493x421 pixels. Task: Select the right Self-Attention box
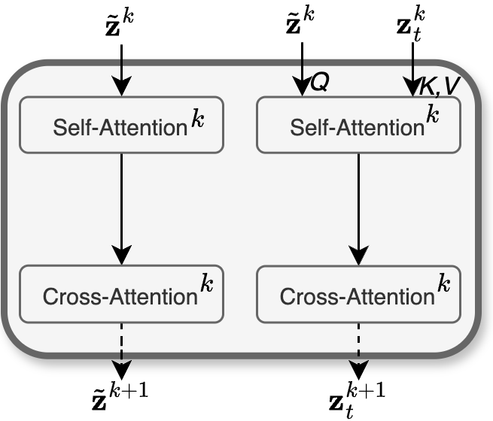pos(358,125)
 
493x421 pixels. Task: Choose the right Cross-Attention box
pos(358,294)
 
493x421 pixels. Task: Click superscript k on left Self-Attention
pos(197,120)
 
